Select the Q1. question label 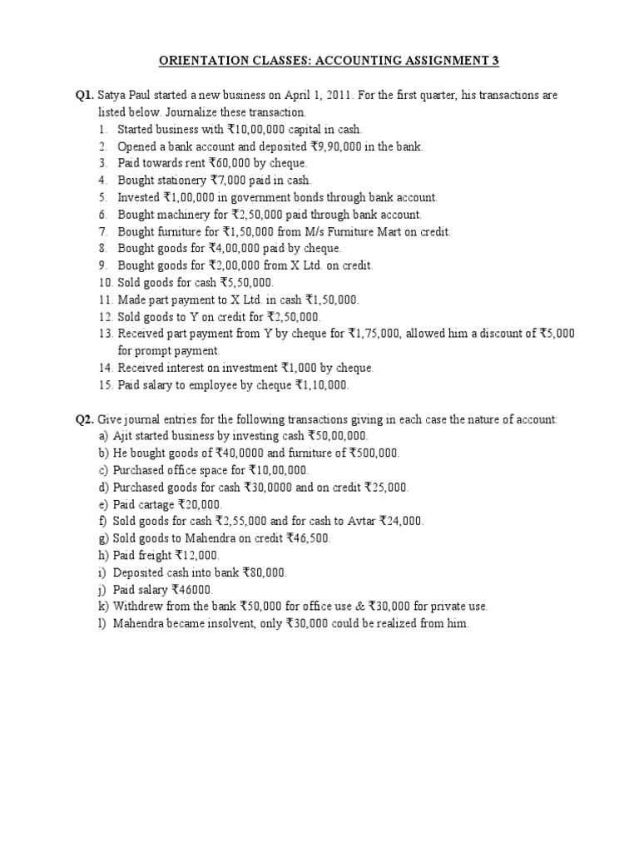85,96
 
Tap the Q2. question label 85,420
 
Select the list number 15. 104,385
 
